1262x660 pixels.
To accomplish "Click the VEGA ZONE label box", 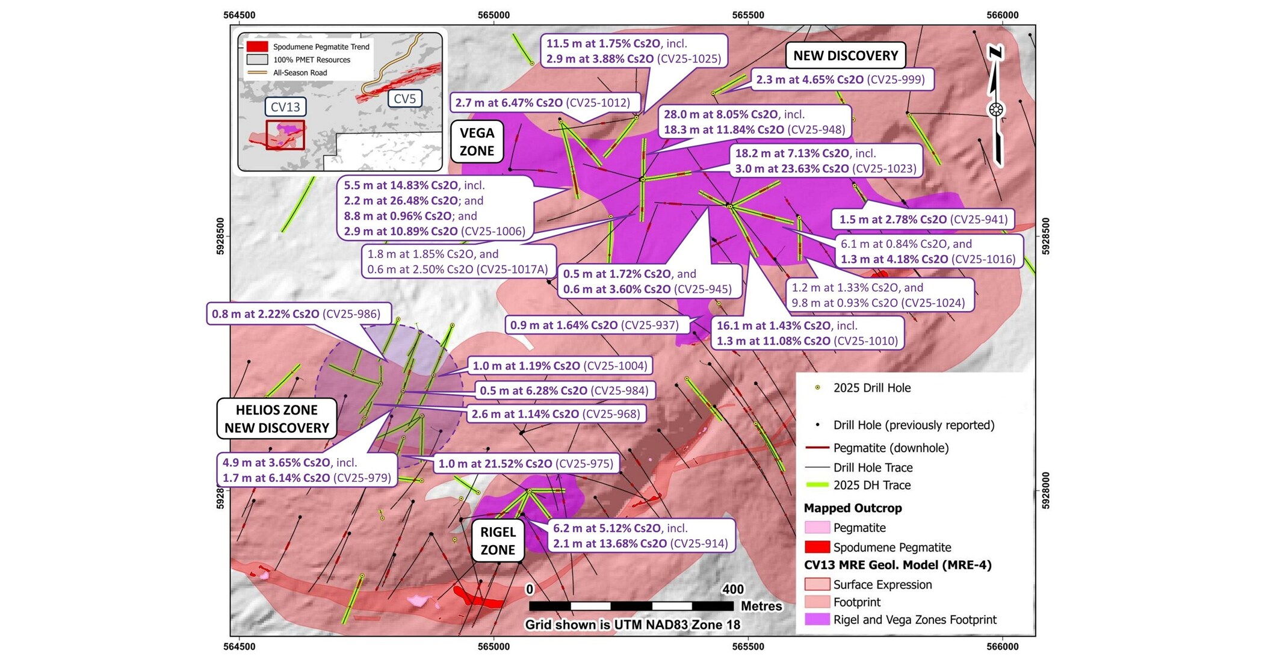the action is [477, 142].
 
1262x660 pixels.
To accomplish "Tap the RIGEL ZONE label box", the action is [498, 541].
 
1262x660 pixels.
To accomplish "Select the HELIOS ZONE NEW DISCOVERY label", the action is [277, 419].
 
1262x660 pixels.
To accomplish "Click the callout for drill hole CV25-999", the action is [841, 79].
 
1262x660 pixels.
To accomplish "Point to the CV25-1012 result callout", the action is [544, 103].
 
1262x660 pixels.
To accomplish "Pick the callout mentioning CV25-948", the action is [755, 122].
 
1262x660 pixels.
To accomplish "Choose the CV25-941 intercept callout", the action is [923, 220].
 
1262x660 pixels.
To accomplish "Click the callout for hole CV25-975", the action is [525, 464].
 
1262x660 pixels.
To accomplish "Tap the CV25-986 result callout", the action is [298, 314].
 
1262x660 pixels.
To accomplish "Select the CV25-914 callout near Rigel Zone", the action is [641, 535].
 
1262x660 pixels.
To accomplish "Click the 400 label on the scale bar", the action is [733, 589].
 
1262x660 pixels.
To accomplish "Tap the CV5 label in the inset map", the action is [405, 99].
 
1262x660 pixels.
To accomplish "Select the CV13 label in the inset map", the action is [285, 107].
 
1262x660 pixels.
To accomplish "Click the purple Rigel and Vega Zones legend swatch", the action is [817, 619].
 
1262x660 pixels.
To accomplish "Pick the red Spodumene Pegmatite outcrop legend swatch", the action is [817, 547].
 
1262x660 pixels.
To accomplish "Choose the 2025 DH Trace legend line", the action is [817, 485].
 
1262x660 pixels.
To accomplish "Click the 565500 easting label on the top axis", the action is [747, 15].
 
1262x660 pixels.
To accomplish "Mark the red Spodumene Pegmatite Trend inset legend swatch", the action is [257, 46].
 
